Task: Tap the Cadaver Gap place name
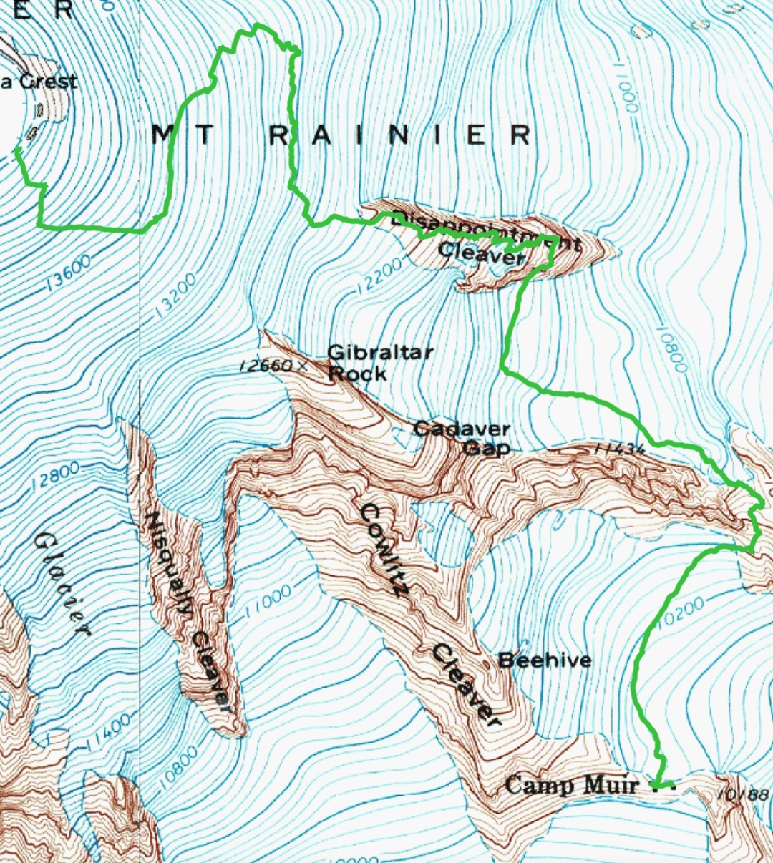pos(462,438)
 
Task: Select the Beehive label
pos(545,659)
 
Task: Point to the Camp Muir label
pos(571,785)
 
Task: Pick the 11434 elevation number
pos(619,449)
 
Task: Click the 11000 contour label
pos(268,602)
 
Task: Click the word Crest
pos(48,81)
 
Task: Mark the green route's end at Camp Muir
pos(672,784)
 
